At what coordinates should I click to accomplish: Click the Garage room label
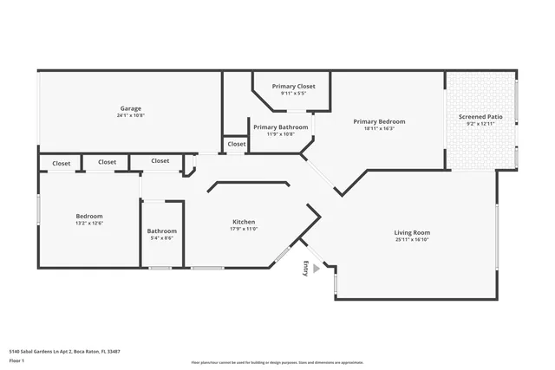tap(130, 108)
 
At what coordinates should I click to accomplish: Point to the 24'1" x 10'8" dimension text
tap(130, 115)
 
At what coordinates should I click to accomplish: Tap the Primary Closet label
tap(293, 87)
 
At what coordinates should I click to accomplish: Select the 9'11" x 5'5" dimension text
tap(293, 94)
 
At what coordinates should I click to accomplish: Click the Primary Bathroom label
tap(280, 127)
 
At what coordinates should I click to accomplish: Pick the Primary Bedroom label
tap(379, 121)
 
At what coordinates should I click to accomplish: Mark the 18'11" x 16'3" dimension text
tap(379, 128)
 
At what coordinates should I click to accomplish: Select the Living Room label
tap(412, 232)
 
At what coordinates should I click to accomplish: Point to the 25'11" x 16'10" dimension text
tap(412, 239)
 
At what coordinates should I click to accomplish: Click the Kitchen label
tap(244, 222)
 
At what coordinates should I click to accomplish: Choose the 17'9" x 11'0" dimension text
tap(244, 229)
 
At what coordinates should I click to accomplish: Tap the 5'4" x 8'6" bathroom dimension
tap(162, 238)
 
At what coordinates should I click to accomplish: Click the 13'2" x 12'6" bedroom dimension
tap(88, 224)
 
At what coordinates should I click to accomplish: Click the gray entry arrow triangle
tap(317, 269)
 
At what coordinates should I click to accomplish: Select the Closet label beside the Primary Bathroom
tap(237, 144)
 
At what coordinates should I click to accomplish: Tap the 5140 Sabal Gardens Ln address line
tap(64, 351)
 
